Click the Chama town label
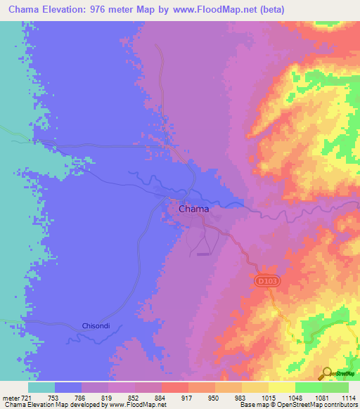tap(193, 209)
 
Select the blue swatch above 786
tap(68, 387)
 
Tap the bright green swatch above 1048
tap(309, 387)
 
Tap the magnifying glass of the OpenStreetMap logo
tap(326, 372)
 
